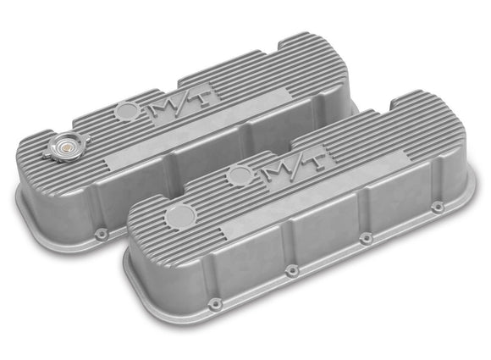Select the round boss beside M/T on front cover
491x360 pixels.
[x=240, y=174]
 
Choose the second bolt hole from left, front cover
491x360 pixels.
[x=290, y=271]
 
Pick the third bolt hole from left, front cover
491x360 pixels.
[x=367, y=239]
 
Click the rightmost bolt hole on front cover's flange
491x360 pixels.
[x=437, y=208]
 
